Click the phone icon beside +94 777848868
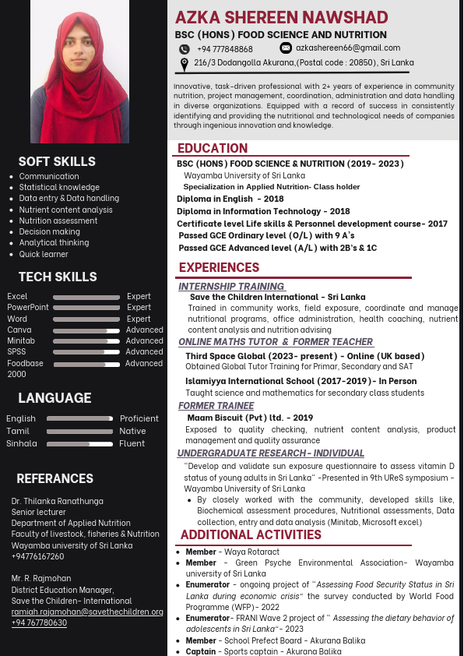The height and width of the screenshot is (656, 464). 185,49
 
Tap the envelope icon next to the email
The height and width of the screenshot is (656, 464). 286,48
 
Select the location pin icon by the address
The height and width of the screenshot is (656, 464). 185,65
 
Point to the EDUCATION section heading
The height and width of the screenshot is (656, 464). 213,148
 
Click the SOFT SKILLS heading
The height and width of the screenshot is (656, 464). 57,161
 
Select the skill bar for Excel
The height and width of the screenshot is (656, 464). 83,297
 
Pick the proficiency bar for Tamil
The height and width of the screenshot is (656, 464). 79,431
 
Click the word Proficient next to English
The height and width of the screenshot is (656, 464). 139,418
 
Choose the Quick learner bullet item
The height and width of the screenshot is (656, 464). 44,254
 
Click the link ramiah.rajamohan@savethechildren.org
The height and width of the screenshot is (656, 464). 87,612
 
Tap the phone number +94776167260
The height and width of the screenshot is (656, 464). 38,557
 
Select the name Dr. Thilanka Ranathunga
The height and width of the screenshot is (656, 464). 57,501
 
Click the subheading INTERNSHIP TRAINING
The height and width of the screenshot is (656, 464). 232,287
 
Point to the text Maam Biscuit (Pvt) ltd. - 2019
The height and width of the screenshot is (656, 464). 250,418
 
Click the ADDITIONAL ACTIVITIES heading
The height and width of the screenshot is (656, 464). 251,534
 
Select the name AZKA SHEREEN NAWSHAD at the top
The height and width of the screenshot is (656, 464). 282,17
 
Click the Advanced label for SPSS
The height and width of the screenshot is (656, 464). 144,352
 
